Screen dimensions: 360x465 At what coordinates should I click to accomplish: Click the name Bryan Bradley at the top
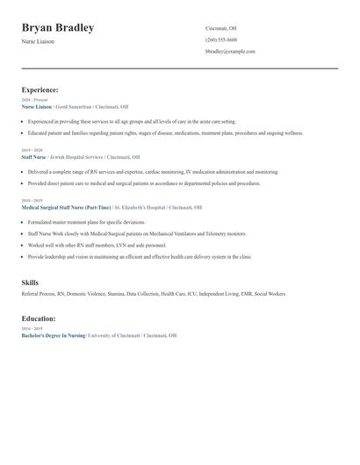click(58, 28)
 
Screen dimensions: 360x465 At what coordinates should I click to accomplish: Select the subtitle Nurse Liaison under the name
click(38, 41)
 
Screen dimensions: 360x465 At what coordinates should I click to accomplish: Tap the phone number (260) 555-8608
click(221, 39)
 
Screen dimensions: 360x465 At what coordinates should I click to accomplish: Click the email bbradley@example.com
click(230, 51)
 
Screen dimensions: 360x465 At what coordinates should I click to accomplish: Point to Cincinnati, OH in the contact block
click(221, 28)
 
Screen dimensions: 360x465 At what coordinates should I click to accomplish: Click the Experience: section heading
click(40, 89)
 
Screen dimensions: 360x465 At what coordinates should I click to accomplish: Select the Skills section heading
click(30, 283)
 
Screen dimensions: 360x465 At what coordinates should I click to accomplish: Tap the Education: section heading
click(39, 318)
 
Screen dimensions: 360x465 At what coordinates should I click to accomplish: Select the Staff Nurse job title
click(35, 156)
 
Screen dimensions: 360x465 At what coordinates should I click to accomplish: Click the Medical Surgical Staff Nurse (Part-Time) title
click(66, 207)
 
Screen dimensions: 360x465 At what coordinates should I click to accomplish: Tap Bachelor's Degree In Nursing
click(54, 335)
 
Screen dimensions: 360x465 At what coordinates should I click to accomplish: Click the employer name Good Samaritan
click(73, 106)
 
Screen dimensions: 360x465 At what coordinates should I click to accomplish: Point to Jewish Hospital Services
click(83, 156)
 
